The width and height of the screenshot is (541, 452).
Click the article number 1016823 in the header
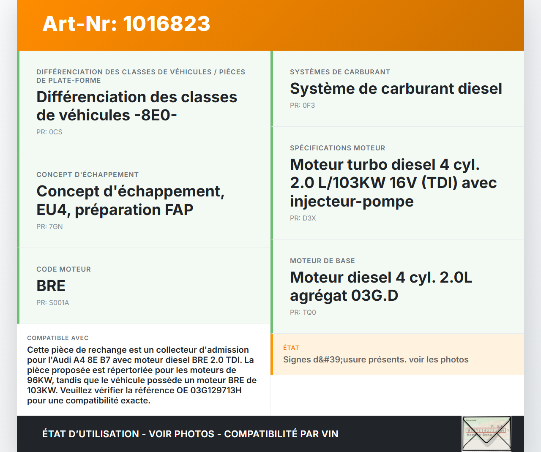(167, 24)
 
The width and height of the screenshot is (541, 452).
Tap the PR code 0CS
(56, 132)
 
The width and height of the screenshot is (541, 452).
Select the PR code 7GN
(56, 227)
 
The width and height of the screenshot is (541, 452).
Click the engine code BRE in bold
(51, 286)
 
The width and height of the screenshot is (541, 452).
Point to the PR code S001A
(59, 302)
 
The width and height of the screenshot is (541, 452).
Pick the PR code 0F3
(309, 106)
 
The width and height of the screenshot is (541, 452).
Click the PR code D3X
(309, 218)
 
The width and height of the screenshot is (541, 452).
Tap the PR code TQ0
(309, 312)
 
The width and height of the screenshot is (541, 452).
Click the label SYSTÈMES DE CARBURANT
(340, 72)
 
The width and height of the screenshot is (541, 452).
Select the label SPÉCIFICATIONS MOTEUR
(338, 148)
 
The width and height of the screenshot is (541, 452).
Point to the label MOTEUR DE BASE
(322, 261)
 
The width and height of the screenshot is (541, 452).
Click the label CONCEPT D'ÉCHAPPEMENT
(87, 174)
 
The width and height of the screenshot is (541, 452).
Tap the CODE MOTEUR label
(64, 269)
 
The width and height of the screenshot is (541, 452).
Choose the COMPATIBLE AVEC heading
(58, 338)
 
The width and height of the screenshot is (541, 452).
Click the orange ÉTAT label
(291, 348)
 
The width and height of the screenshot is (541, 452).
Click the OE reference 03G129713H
(216, 390)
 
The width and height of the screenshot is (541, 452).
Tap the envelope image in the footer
(486, 433)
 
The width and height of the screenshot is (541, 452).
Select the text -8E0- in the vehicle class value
(156, 115)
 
